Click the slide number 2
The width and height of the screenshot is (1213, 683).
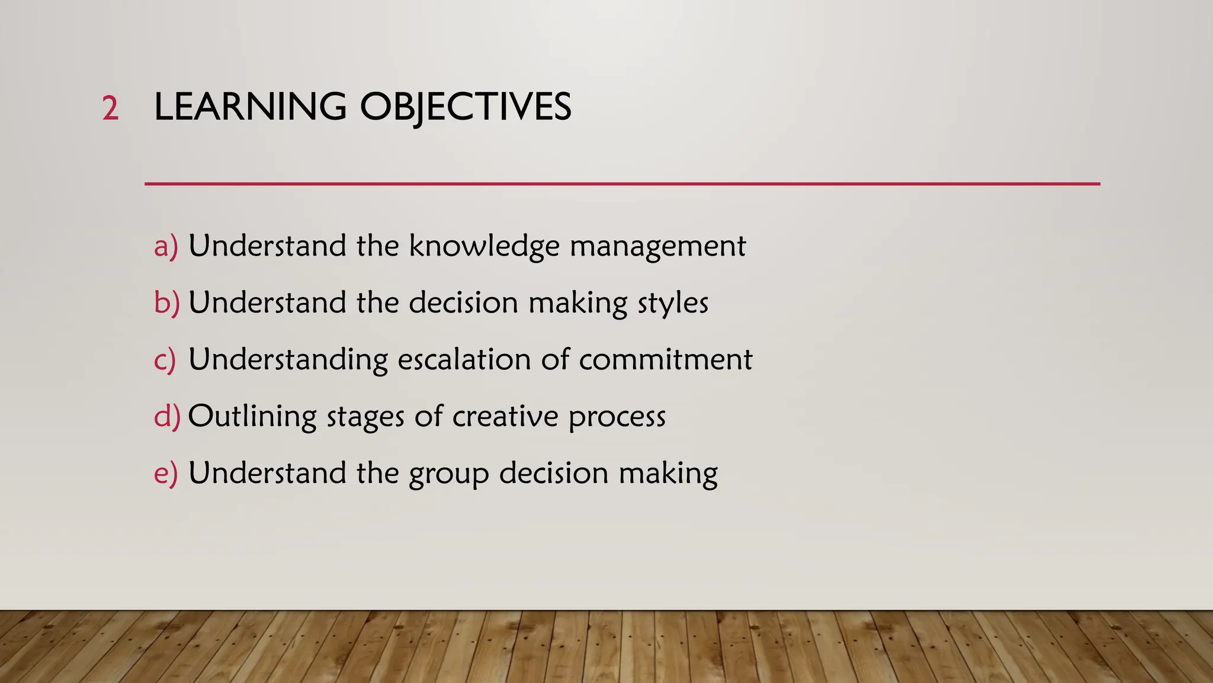pos(110,109)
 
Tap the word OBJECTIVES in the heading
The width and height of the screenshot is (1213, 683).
pos(466,107)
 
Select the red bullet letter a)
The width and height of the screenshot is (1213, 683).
pos(165,246)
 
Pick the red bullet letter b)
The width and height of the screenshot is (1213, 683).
pos(166,302)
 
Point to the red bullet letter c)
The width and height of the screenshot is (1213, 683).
pos(165,359)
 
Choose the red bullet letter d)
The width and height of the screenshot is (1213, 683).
pos(166,416)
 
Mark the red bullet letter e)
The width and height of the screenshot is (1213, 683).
pos(165,473)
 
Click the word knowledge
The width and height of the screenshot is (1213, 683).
pos(484,246)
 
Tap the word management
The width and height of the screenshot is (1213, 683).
pos(657,246)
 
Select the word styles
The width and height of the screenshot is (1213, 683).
pos(673,303)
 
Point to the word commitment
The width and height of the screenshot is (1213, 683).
pos(665,359)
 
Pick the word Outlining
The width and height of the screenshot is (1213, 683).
pos(252,416)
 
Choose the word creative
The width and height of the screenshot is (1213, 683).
pos(505,416)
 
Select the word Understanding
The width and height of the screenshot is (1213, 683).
pos(288,359)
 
